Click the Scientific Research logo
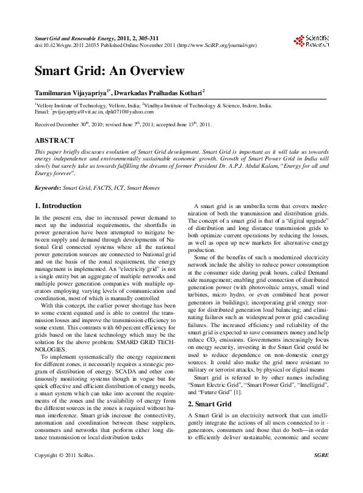[x=311, y=41]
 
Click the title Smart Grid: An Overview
[x=109, y=71]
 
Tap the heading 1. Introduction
[x=58, y=206]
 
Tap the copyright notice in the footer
[x=65, y=472]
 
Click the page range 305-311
[x=153, y=38]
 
